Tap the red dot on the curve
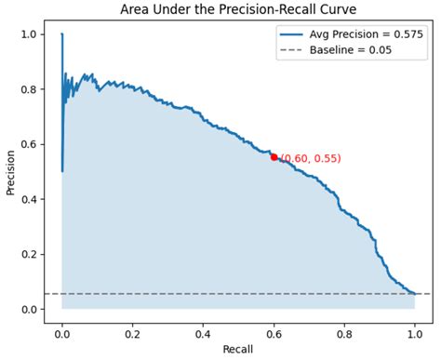point(274,157)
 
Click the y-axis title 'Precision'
point(10,171)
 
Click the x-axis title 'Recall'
point(238,352)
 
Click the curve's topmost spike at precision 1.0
point(62,35)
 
